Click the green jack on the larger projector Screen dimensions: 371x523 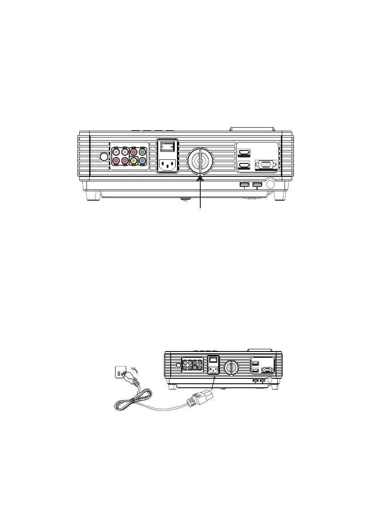(142, 151)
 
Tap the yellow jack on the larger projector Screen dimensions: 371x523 (134, 161)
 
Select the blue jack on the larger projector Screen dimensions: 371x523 (142, 161)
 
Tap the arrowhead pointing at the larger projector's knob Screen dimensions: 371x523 (200, 179)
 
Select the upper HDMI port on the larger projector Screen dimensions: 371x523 (245, 153)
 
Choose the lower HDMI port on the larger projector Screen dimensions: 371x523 (245, 166)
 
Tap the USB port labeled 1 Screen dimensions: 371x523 (244, 184)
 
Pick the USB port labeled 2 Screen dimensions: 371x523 (257, 184)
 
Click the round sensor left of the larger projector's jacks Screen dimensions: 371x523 (104, 157)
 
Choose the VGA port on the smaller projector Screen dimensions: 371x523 (267, 369)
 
